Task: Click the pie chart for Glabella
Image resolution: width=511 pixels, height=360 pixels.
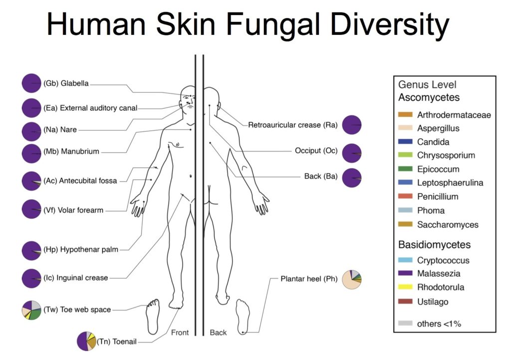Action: click(31, 83)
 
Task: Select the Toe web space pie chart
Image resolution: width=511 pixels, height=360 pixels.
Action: click(31, 310)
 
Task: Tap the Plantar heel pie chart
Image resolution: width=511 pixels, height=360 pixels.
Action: click(352, 280)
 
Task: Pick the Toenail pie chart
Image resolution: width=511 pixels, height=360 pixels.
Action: click(87, 341)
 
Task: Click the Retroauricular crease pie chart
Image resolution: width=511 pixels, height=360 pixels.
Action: click(352, 125)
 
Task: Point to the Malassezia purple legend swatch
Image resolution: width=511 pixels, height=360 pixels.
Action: click(405, 273)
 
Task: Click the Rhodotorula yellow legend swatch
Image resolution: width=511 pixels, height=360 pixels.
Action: click(405, 287)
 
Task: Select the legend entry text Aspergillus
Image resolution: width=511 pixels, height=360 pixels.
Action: click(438, 128)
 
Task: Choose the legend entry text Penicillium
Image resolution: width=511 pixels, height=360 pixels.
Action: click(438, 197)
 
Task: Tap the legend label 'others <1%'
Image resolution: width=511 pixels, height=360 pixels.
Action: click(439, 324)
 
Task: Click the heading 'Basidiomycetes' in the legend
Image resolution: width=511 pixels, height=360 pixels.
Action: click(435, 245)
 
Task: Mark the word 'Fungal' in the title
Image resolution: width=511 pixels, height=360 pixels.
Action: click(275, 24)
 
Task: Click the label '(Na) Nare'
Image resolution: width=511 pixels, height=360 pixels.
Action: click(60, 130)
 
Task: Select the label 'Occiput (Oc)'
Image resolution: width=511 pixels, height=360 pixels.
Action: click(316, 151)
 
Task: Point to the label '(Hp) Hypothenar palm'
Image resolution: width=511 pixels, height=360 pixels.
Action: click(81, 250)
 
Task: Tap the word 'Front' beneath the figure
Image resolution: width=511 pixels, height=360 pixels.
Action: click(180, 333)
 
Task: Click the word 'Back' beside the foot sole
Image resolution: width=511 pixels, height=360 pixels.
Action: click(218, 333)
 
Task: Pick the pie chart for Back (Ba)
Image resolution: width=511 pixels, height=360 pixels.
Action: click(352, 178)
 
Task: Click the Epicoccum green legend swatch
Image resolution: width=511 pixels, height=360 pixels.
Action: click(405, 169)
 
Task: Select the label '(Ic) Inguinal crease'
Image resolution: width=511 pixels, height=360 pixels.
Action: click(76, 278)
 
